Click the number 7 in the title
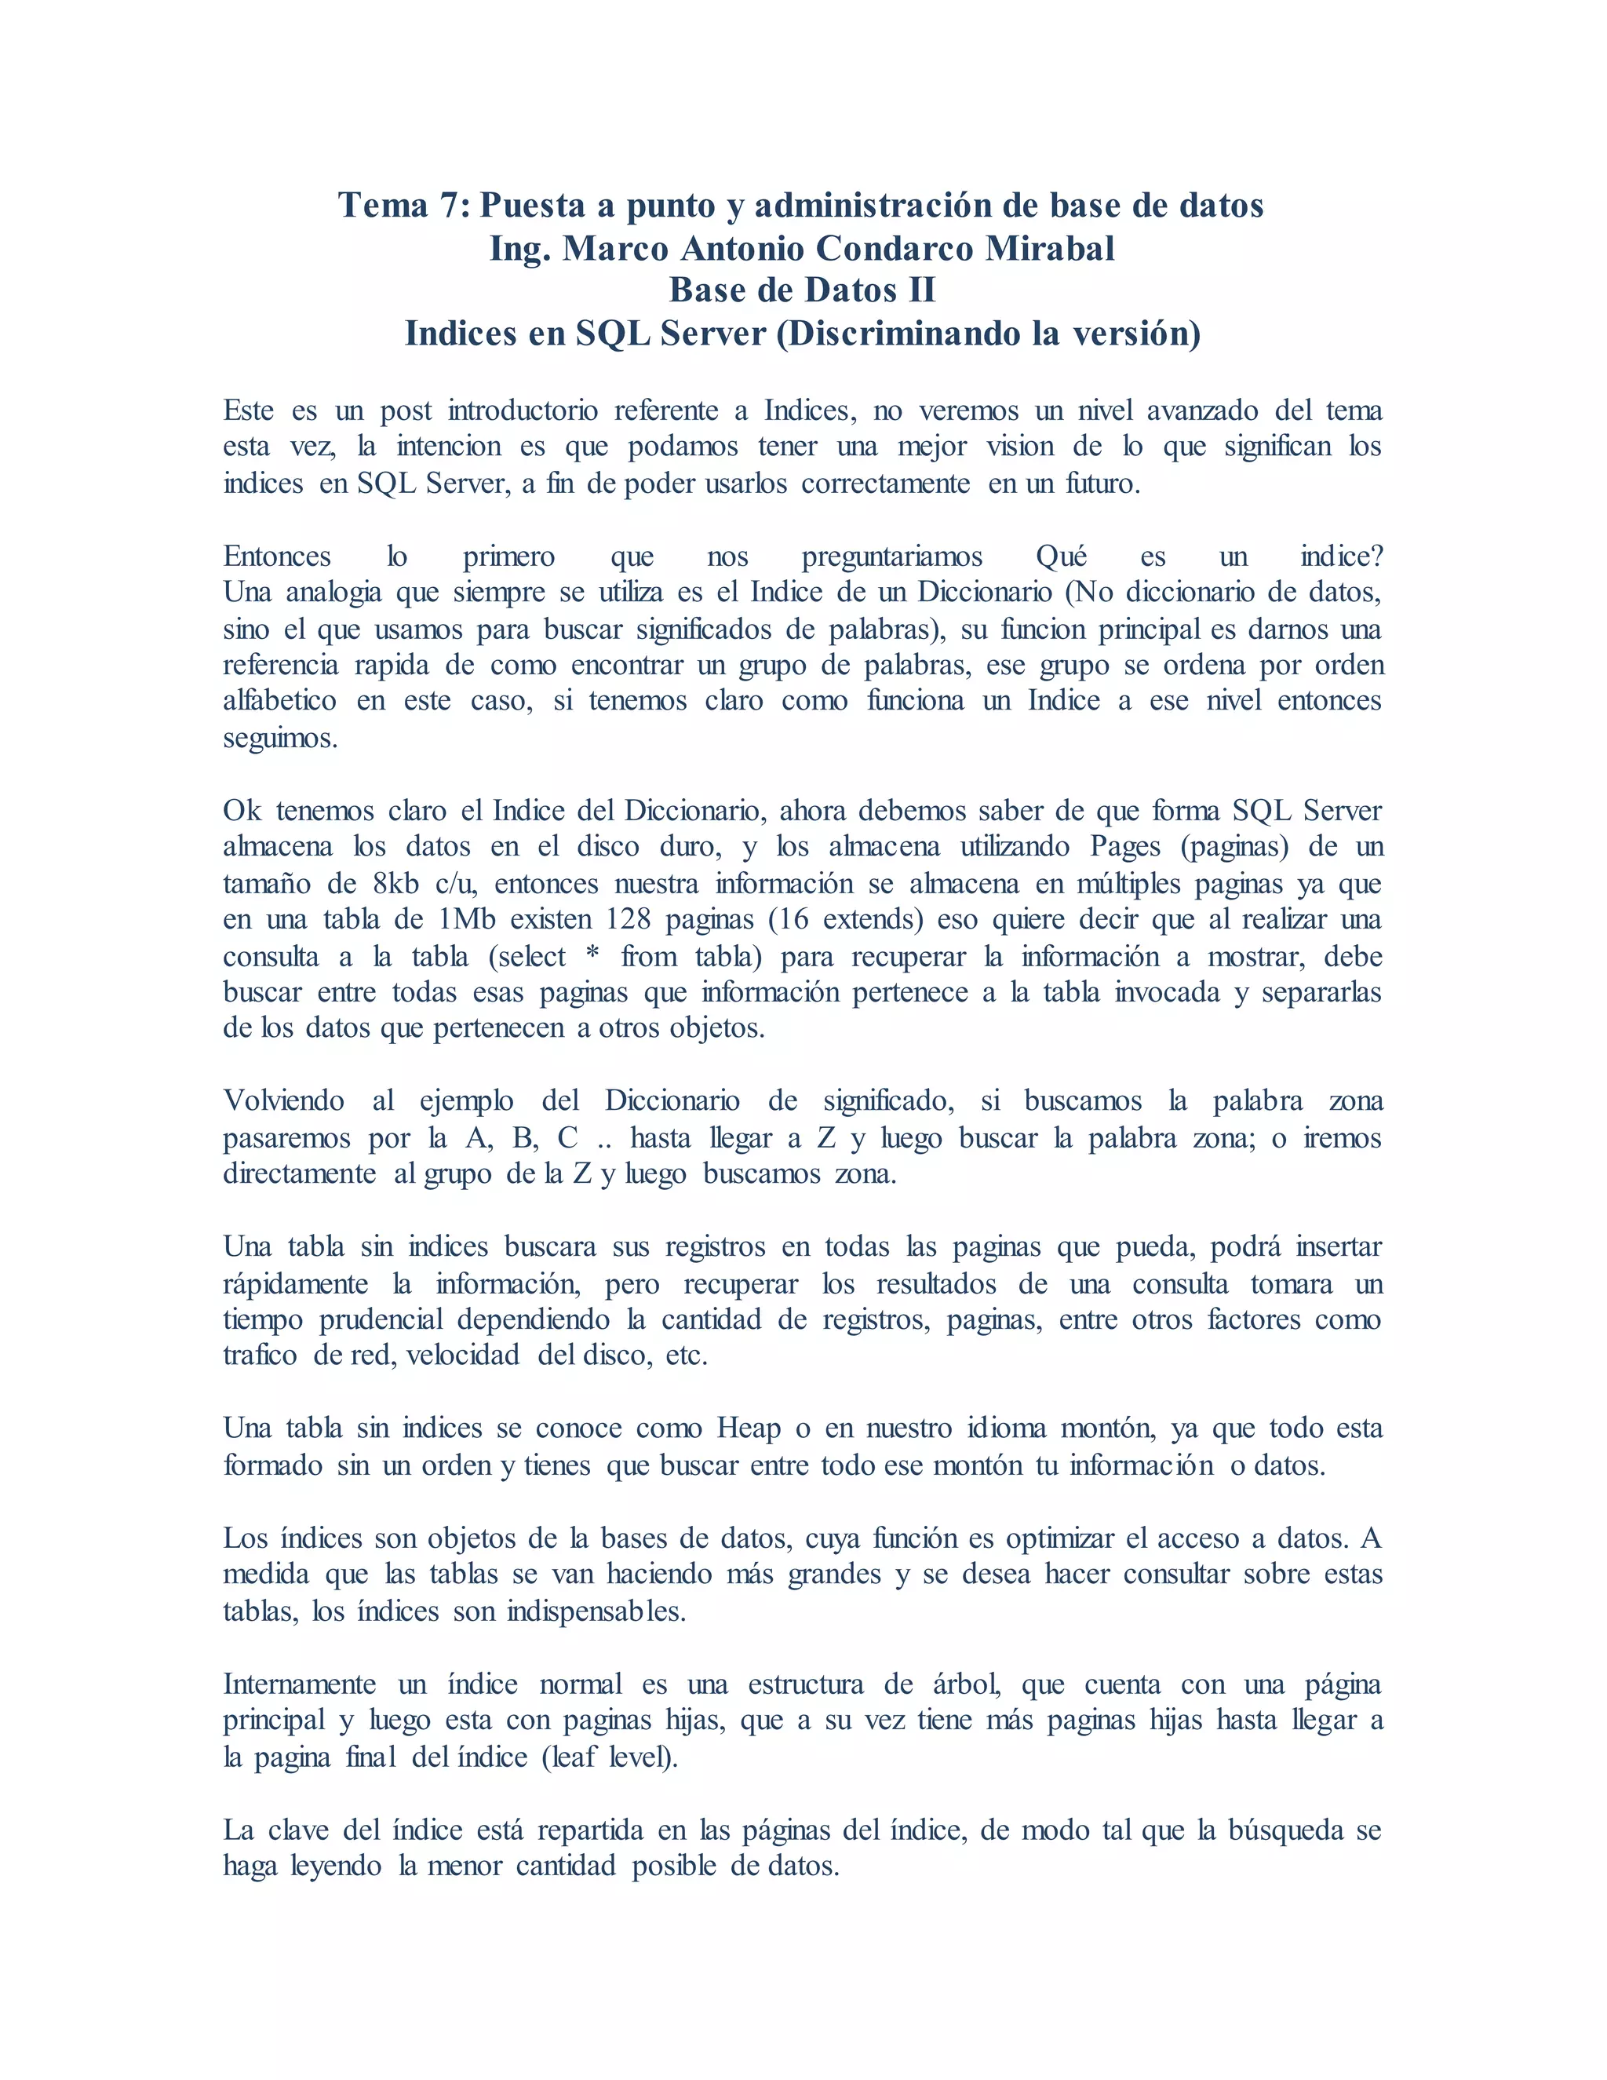450,206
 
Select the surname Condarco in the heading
893,249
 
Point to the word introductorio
523,411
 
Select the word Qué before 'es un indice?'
1061,556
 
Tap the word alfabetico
279,701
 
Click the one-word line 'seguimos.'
280,738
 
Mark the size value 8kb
396,884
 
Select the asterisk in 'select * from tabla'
593,956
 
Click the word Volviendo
284,1101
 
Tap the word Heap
749,1429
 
